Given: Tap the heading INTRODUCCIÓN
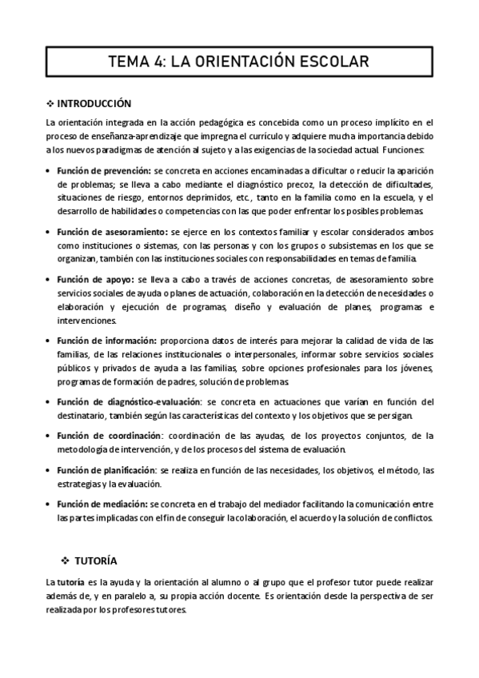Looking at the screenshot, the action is pyautogui.click(x=94, y=104).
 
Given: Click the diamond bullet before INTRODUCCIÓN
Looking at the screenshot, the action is pyautogui.click(x=50, y=104).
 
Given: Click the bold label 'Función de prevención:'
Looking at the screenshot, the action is pyautogui.click(x=104, y=170).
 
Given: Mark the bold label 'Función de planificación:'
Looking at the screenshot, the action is pyautogui.click(x=109, y=469).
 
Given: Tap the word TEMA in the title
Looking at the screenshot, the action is pyautogui.click(x=131, y=61).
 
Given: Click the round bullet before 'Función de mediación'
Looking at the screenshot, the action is pyautogui.click(x=49, y=504).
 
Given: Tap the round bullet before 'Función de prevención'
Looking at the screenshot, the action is pyautogui.click(x=49, y=171).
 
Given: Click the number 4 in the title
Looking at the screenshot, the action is pyautogui.click(x=162, y=61).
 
